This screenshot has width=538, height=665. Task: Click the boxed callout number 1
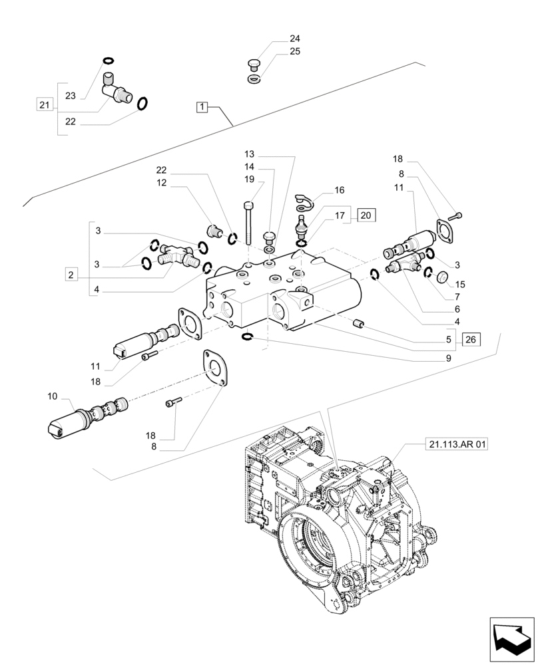click(x=203, y=106)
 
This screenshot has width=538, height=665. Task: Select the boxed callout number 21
click(x=44, y=104)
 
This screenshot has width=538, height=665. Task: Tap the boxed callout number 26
click(x=471, y=340)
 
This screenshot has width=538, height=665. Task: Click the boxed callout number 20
click(x=366, y=215)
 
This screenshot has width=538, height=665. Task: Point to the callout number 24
click(x=295, y=39)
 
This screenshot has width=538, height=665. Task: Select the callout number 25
click(x=295, y=51)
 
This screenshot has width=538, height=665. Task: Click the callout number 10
click(x=53, y=397)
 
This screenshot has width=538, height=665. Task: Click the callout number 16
click(x=340, y=190)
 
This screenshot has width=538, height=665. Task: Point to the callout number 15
click(x=460, y=285)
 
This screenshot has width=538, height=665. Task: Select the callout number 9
click(x=449, y=358)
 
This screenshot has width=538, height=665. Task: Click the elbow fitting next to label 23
click(x=115, y=89)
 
